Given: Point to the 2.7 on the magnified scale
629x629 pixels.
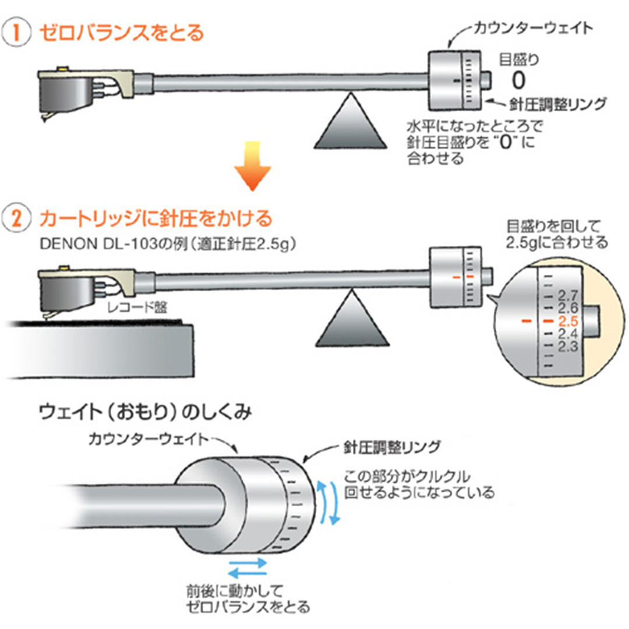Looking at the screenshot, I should click(x=566, y=294).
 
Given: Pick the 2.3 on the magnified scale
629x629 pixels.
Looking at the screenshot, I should click(x=566, y=347).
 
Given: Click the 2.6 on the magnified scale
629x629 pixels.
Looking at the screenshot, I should click(x=566, y=308).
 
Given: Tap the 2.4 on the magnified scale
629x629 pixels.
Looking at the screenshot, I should click(x=566, y=334).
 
